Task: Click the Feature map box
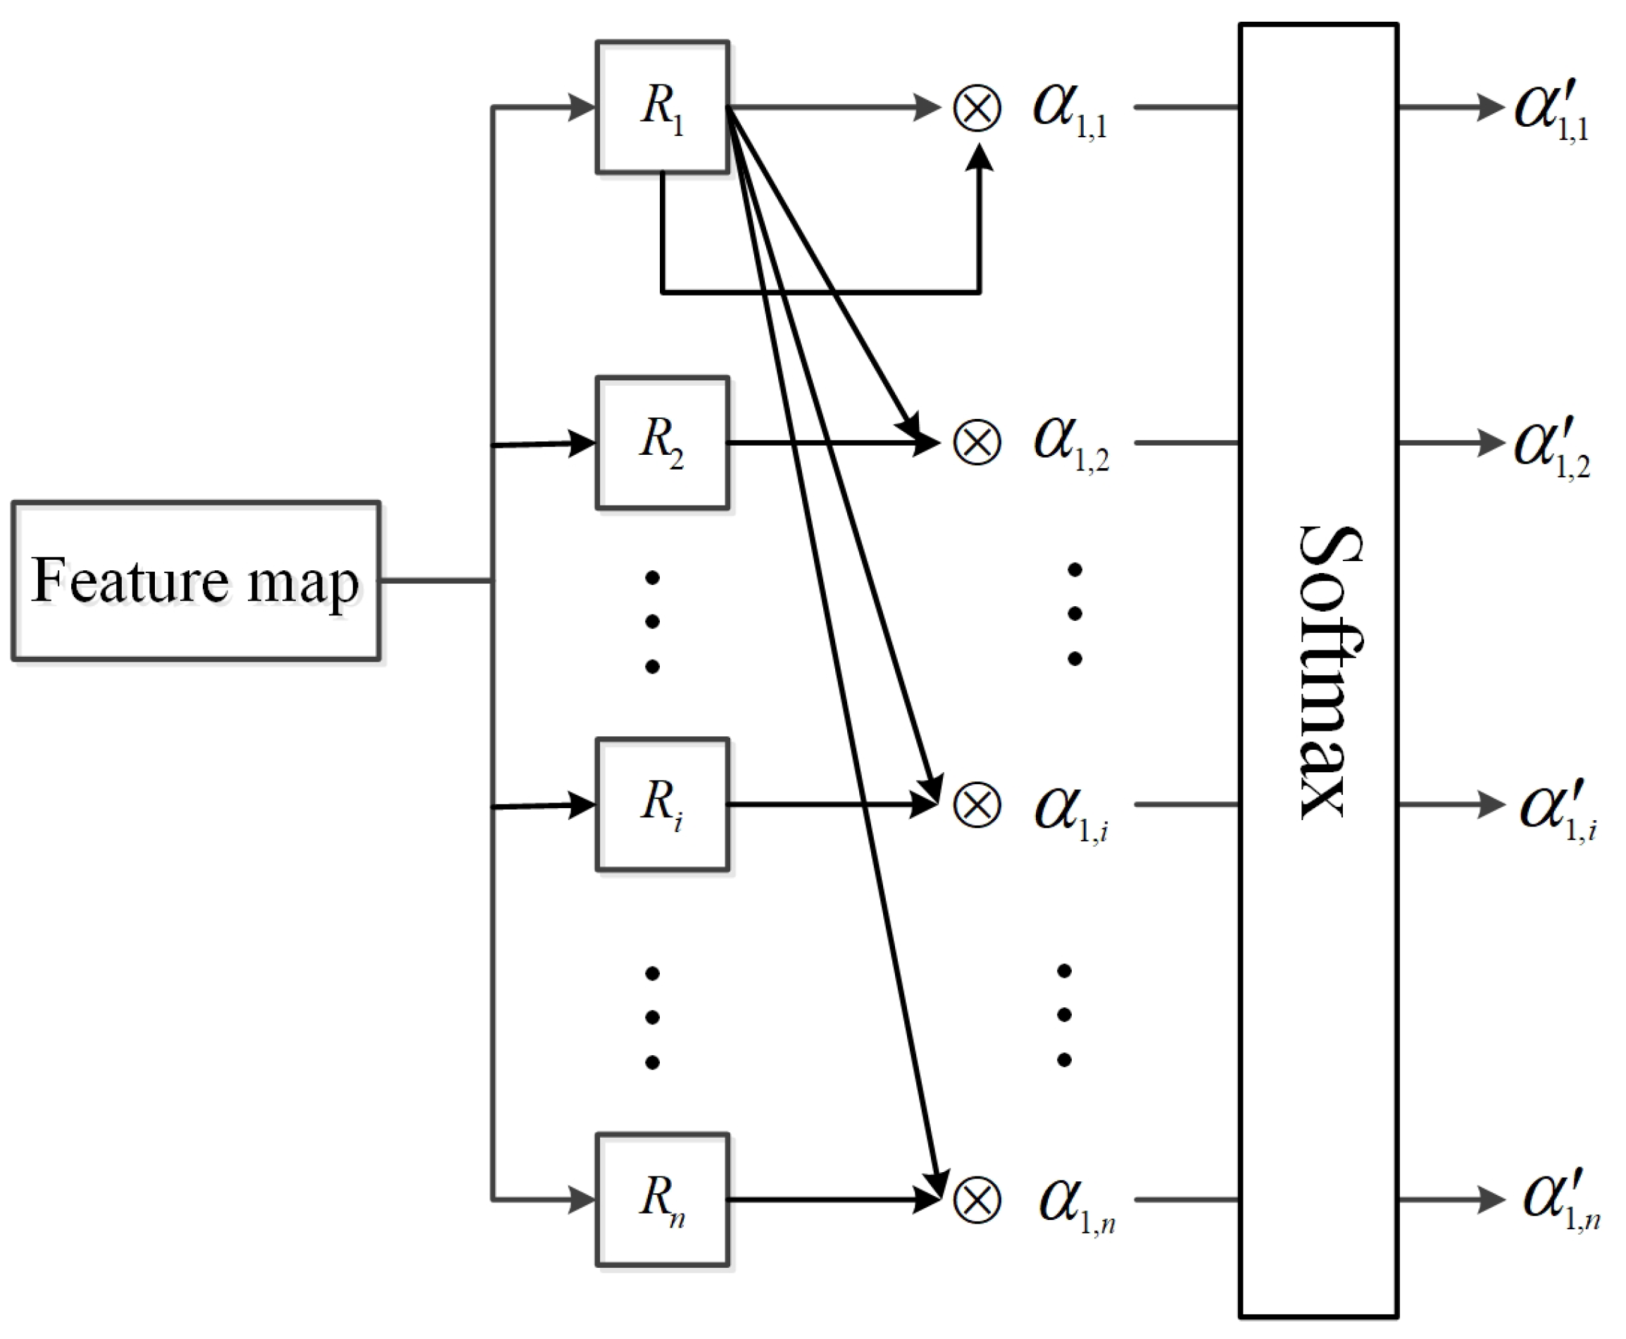[x=196, y=581]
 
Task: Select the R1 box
[x=662, y=106]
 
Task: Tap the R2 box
[x=662, y=443]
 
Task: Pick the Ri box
[x=662, y=805]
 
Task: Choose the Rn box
[x=662, y=1200]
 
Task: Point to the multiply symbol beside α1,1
[x=977, y=108]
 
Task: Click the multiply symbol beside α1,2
[x=977, y=444]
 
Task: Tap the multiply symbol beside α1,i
[x=977, y=805]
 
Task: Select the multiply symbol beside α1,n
[x=977, y=1200]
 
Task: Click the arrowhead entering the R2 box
[x=582, y=443]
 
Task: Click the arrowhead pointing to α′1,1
[x=1490, y=106]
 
